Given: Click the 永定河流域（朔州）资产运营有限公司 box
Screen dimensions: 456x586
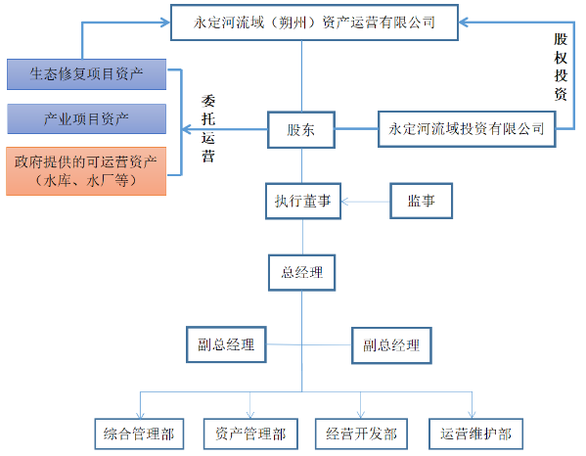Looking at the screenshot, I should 302,21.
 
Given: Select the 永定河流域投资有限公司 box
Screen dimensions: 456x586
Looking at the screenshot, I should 466,128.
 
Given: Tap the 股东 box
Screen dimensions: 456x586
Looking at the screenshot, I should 301,129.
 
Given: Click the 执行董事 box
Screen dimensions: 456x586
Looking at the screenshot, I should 301,203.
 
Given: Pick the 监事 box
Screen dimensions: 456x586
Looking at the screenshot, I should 421,203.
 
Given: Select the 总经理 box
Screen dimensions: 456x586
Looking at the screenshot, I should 301,272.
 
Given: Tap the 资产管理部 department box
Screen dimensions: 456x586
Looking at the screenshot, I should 250,433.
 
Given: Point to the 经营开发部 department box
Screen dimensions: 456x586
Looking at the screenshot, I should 362,433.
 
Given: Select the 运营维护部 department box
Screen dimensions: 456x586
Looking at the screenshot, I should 474,433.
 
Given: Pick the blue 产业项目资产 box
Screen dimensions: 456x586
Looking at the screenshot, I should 86,118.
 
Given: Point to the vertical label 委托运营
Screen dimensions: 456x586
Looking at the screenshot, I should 208,128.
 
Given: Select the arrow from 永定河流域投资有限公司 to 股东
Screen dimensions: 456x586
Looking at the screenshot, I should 357,128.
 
